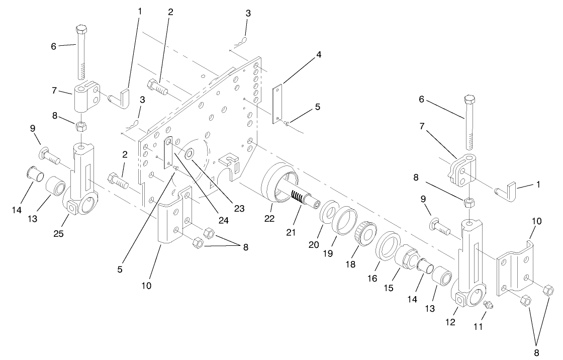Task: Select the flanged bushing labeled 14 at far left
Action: click(x=33, y=177)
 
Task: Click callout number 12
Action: click(x=450, y=322)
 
